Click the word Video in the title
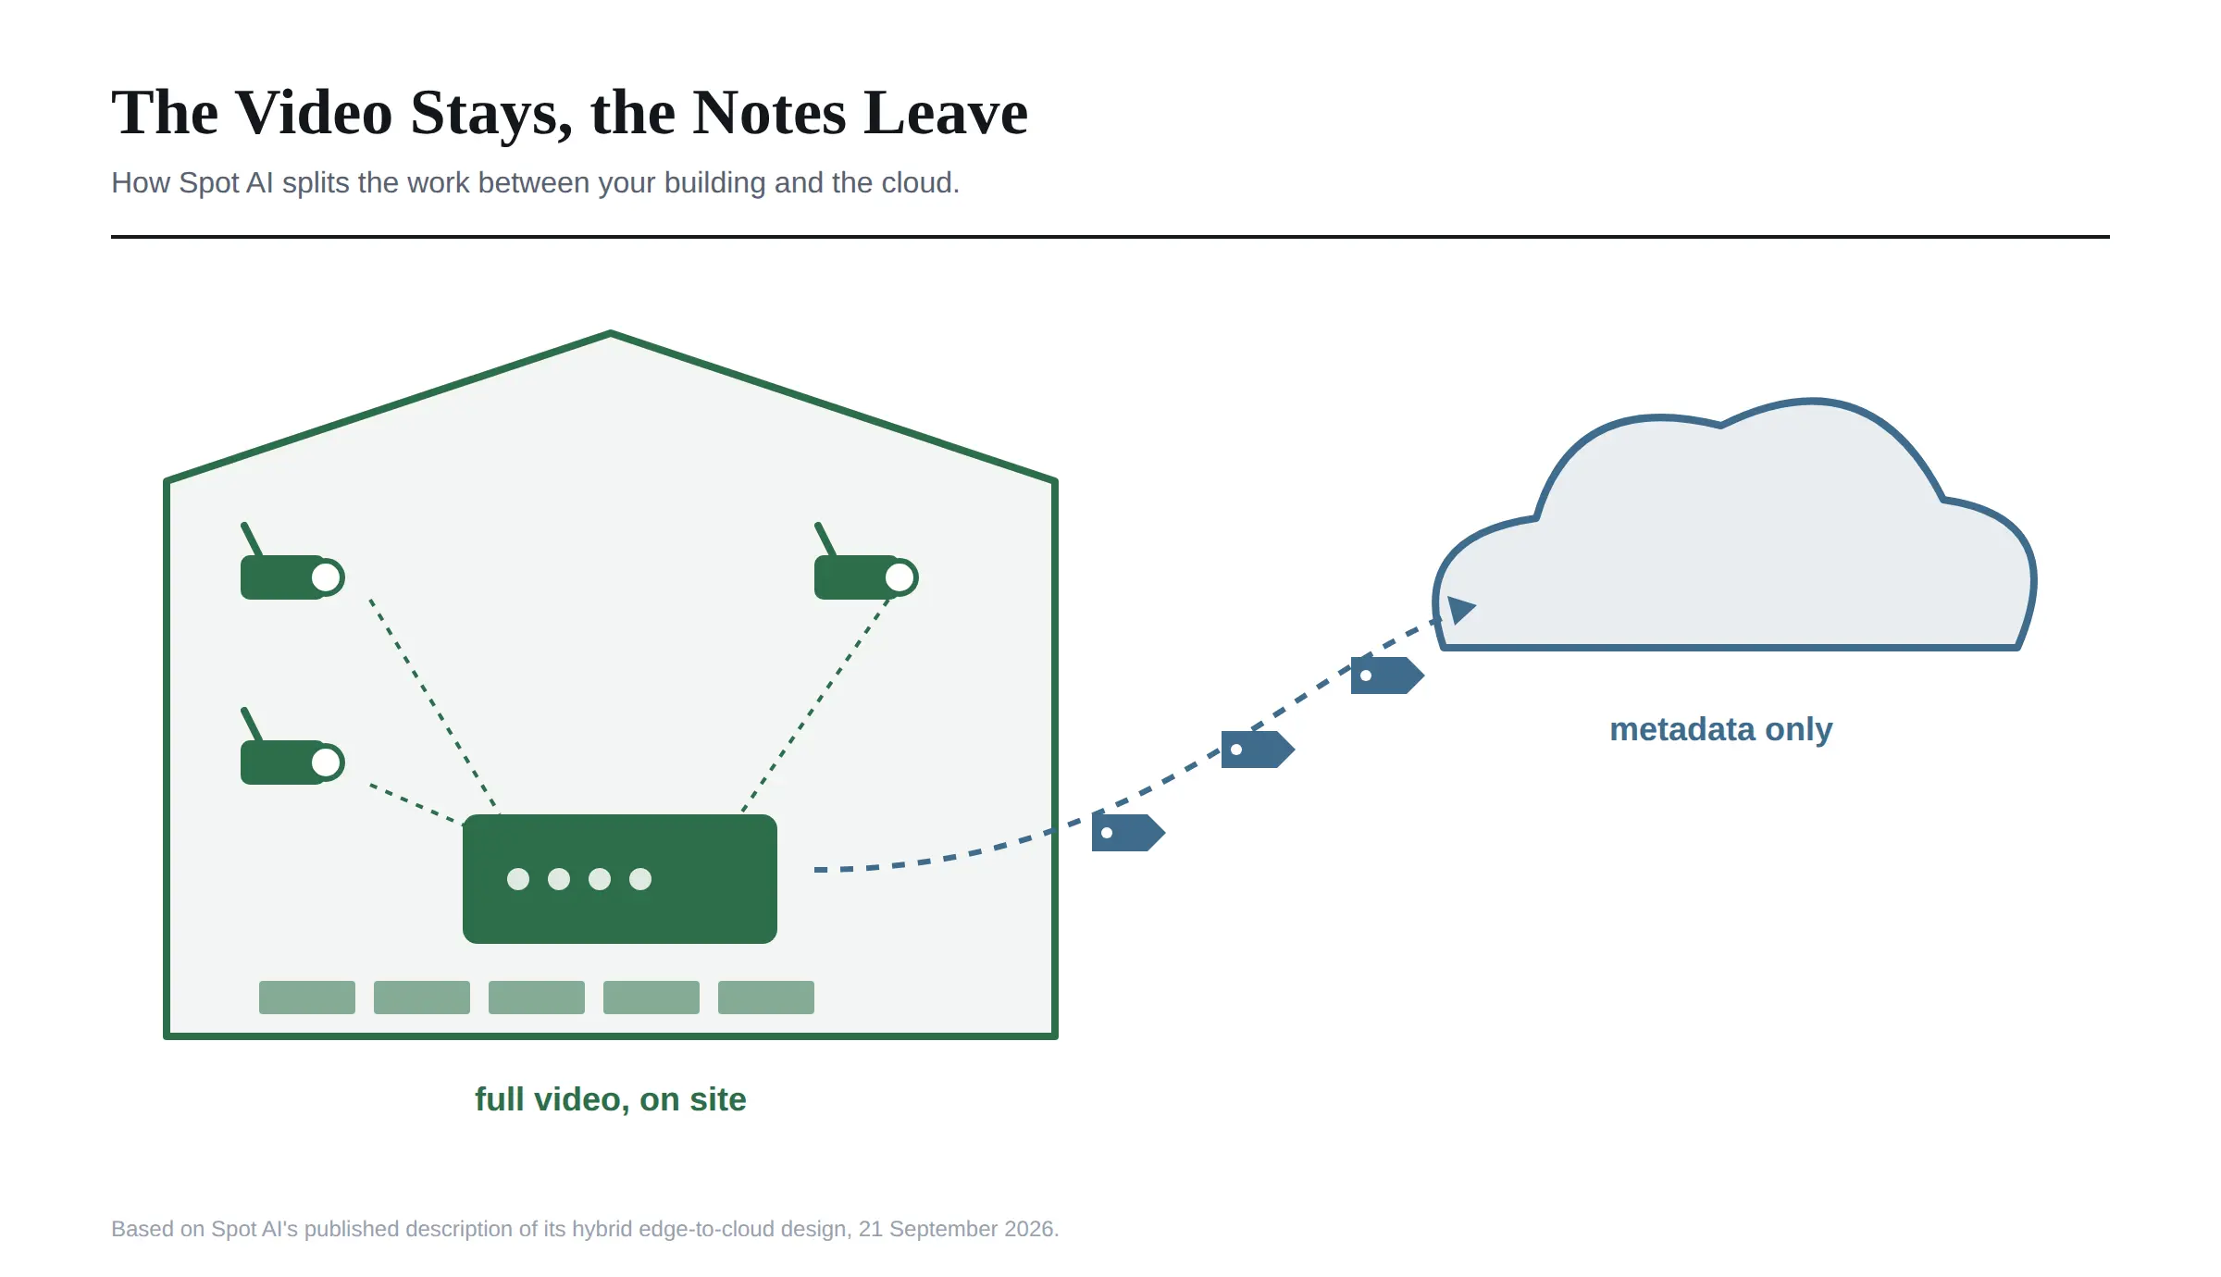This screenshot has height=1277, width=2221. tap(315, 113)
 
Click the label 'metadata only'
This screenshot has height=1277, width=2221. tap(1721, 729)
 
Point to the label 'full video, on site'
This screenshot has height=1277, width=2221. tap(611, 1099)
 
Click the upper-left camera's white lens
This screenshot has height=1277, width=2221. tap(326, 577)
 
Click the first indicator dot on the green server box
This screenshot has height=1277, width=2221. tap(518, 879)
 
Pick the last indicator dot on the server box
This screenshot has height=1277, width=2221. tap(640, 879)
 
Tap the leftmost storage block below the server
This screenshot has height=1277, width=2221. tap(307, 998)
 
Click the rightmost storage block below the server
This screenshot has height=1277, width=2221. tap(766, 998)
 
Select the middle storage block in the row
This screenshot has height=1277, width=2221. tap(537, 998)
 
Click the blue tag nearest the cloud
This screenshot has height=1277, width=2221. tap(1387, 676)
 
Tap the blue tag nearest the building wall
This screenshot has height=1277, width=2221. tap(1128, 833)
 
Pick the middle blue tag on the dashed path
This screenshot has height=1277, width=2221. tap(1258, 750)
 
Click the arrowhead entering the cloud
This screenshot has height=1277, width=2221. tap(1460, 610)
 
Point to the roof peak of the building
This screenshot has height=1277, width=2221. tap(611, 332)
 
